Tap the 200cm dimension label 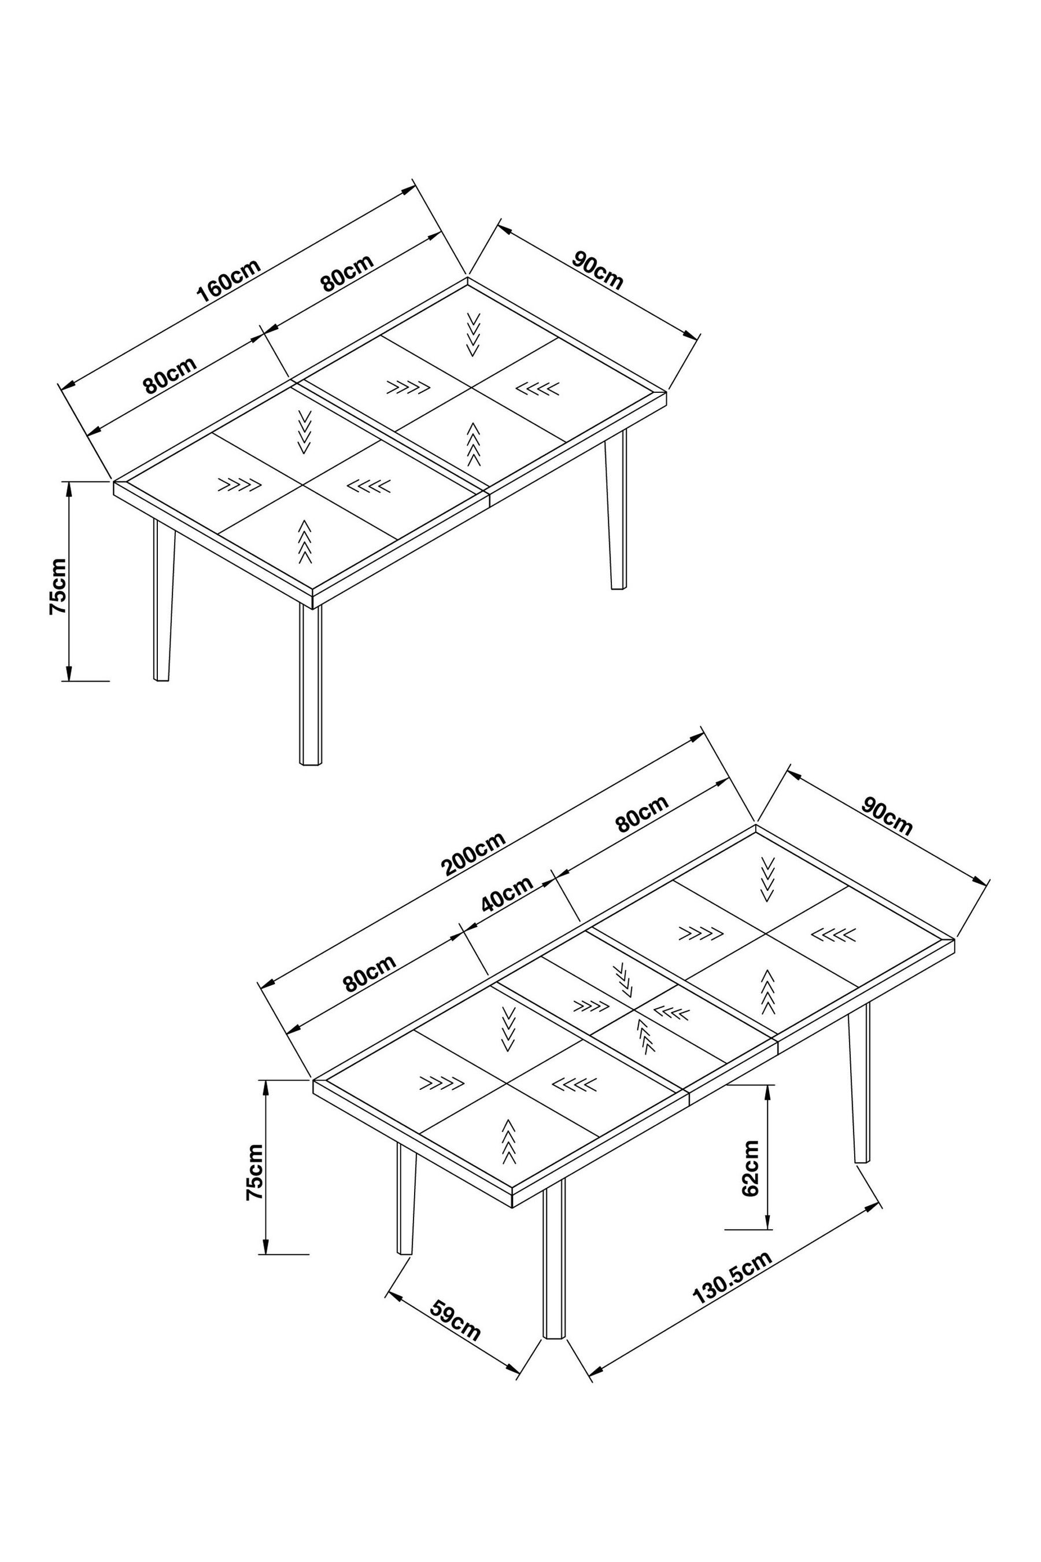tap(474, 853)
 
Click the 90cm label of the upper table tap(598, 270)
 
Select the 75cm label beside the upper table tap(58, 587)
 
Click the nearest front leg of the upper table tap(310, 684)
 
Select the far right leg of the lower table tap(859, 1083)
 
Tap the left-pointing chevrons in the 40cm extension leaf tap(672, 1014)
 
